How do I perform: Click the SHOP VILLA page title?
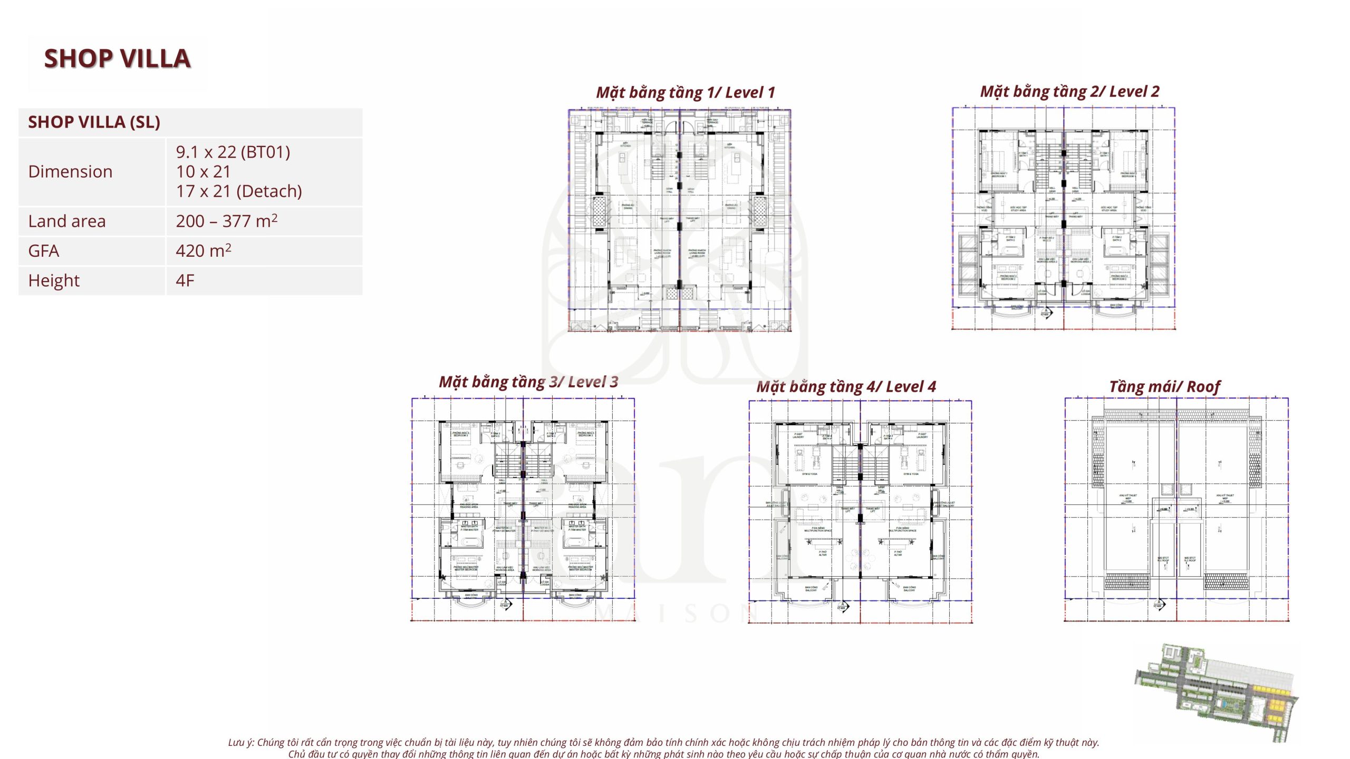[x=117, y=59]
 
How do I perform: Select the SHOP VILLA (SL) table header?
[x=94, y=122]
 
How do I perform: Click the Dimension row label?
[x=70, y=172]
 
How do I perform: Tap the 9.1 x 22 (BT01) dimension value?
[x=233, y=152]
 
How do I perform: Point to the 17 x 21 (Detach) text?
[x=238, y=191]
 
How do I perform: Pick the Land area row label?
[x=67, y=221]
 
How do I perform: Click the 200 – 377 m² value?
[x=226, y=221]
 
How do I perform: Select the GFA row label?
[x=44, y=251]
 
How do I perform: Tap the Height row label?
[x=54, y=281]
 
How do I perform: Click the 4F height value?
[x=185, y=281]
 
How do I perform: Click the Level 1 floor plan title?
[x=685, y=93]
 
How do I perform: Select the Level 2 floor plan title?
[x=1069, y=92]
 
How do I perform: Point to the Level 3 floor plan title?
[x=528, y=382]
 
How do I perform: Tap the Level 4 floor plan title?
[x=846, y=387]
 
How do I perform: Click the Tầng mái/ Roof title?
[x=1164, y=387]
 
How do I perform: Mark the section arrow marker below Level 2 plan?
[x=1046, y=312]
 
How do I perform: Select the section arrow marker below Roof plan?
[x=1158, y=604]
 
